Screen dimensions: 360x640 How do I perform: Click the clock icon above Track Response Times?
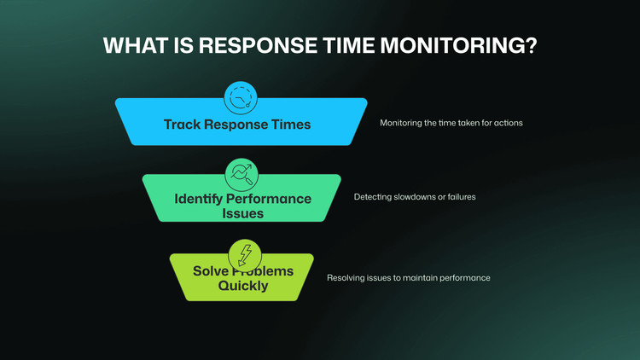pyautogui.click(x=241, y=98)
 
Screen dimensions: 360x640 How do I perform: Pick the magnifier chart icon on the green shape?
pyautogui.click(x=241, y=174)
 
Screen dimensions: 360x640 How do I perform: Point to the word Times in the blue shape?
pyautogui.click(x=290, y=125)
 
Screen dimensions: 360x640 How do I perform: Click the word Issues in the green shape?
pyautogui.click(x=241, y=213)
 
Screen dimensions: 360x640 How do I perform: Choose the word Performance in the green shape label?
pyautogui.click(x=270, y=199)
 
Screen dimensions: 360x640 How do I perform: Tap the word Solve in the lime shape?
pyautogui.click(x=210, y=271)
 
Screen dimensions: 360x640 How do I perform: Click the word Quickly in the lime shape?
pyautogui.click(x=242, y=286)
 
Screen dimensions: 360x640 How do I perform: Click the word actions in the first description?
pyautogui.click(x=508, y=123)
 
